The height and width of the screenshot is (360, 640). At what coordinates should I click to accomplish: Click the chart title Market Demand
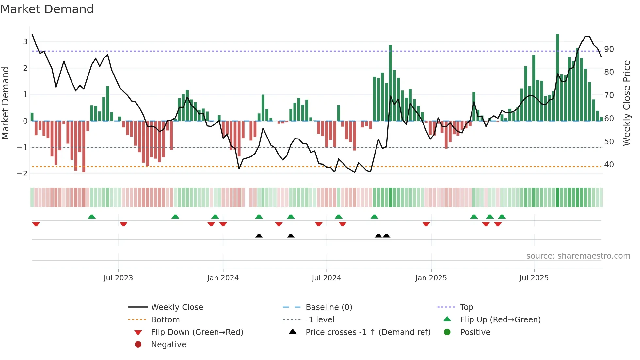[47, 9]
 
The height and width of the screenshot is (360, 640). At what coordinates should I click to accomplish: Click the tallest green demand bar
[558, 77]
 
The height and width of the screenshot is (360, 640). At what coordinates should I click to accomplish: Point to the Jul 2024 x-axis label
[326, 278]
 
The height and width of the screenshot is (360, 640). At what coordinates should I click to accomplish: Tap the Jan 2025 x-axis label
[431, 278]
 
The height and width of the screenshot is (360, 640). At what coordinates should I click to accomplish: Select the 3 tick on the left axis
[25, 41]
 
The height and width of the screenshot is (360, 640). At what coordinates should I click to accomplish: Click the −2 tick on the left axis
[22, 173]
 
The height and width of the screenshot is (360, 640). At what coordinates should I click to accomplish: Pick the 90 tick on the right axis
[609, 49]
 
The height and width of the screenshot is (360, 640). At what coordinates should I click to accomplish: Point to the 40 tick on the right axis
[609, 165]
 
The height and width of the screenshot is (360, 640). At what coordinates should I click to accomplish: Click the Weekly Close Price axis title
[626, 103]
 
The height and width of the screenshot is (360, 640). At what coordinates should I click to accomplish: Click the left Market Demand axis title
[5, 103]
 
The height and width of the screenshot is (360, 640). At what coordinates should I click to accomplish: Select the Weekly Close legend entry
[177, 307]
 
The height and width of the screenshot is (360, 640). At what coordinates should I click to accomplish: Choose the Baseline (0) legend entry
[328, 307]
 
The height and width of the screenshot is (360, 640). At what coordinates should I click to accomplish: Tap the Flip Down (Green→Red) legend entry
[197, 332]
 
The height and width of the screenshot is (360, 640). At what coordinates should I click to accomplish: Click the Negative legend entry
[168, 345]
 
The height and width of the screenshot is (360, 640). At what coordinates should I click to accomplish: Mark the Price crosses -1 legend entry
[368, 332]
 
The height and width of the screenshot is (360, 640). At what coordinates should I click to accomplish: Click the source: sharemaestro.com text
[578, 256]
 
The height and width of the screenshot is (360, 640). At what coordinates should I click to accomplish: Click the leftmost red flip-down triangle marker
[36, 224]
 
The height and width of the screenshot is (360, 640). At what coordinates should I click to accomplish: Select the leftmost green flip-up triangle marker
[92, 217]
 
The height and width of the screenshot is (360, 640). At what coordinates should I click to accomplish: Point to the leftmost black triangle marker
[259, 236]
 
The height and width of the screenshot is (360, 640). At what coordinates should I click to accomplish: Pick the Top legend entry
[466, 307]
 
